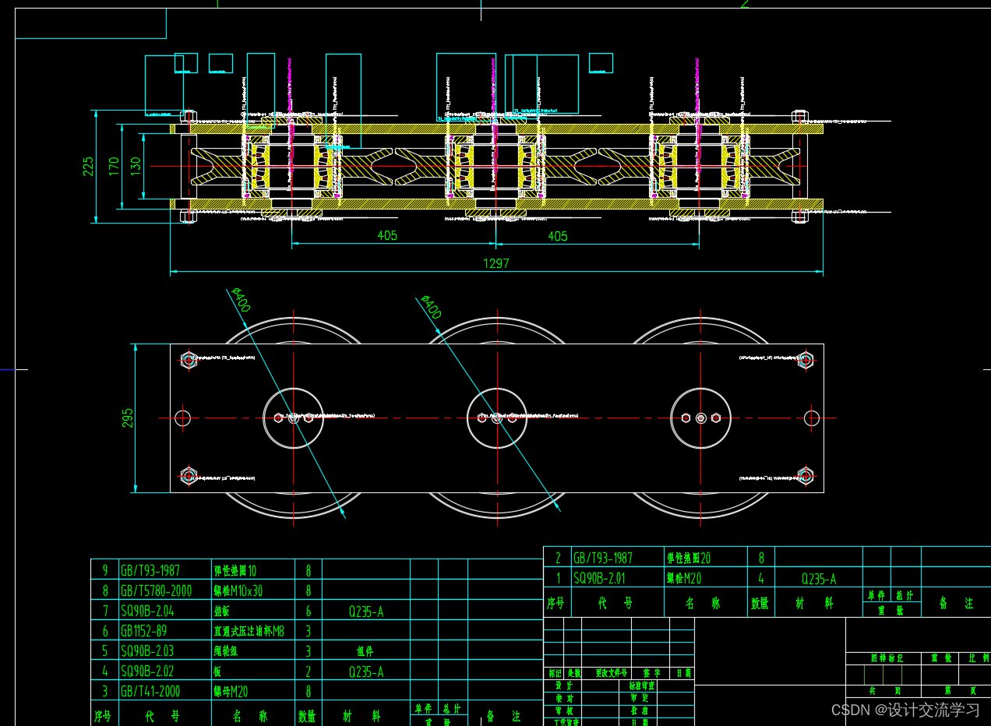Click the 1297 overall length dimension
[496, 263]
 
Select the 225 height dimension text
[88, 166]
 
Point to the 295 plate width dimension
[128, 418]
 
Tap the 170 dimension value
[114, 166]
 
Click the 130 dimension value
[136, 166]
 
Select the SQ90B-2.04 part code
[147, 611]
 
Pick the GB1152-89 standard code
[143, 631]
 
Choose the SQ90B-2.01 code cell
[599, 579]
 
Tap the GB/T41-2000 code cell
[150, 691]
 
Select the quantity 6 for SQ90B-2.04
[309, 611]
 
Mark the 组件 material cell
[365, 651]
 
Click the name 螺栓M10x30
[238, 590]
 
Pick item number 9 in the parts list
[105, 570]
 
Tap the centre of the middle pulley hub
[496, 418]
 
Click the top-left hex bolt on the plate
[189, 360]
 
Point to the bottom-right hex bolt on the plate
[806, 475]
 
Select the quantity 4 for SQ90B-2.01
[761, 579]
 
